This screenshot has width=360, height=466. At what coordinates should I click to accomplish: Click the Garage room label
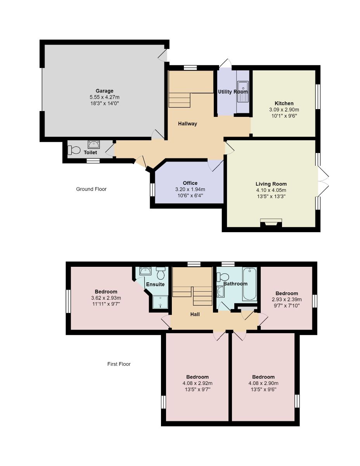tap(104, 91)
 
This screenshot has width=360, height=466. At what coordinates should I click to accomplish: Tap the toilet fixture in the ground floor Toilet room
tap(74, 150)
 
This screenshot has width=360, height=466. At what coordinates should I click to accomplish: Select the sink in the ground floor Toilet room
tap(94, 145)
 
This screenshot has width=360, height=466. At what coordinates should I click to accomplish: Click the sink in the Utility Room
tap(243, 92)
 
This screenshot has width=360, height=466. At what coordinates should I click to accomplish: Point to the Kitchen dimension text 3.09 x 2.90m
tap(284, 110)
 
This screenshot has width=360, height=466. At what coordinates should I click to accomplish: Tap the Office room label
tap(190, 183)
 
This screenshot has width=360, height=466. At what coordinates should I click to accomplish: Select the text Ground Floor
tap(91, 189)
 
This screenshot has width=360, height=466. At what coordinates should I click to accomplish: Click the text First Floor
tap(119, 364)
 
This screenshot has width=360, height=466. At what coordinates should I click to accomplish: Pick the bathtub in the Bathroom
tap(249, 284)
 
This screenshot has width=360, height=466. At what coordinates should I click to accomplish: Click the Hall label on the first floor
tap(195, 314)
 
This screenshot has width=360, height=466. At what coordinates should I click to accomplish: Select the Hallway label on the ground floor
tap(187, 124)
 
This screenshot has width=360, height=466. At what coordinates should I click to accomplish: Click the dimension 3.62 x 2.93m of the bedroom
tap(106, 298)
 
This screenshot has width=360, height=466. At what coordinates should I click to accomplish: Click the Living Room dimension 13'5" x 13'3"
tap(271, 196)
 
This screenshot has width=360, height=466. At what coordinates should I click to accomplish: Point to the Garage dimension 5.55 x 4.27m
tap(104, 97)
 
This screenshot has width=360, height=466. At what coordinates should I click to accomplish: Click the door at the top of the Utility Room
tap(225, 63)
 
